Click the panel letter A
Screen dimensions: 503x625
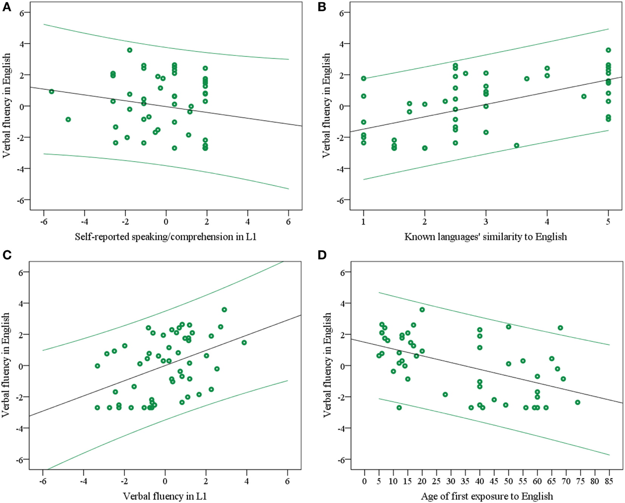click(x=6, y=7)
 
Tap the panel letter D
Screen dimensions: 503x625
click(x=322, y=255)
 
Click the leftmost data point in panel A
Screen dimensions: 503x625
click(x=51, y=92)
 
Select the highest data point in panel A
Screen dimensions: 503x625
click(x=130, y=50)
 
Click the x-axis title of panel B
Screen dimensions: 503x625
click(x=486, y=237)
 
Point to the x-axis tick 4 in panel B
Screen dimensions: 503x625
click(x=547, y=222)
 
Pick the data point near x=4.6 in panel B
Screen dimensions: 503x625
click(x=584, y=97)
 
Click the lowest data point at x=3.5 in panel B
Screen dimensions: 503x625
click(x=517, y=145)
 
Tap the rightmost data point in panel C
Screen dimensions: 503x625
click(x=244, y=343)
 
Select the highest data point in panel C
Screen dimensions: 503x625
click(x=224, y=310)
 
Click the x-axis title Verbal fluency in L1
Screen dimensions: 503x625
click(x=165, y=496)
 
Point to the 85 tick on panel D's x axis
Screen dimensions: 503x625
click(x=609, y=481)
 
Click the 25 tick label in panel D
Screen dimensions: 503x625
click(x=436, y=481)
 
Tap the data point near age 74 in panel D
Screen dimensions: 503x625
click(x=577, y=402)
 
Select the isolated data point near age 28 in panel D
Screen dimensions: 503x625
click(x=445, y=394)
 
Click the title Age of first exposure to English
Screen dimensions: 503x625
click(x=487, y=496)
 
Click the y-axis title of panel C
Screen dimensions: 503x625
click(x=6, y=365)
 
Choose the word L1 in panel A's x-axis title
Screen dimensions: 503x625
click(x=251, y=237)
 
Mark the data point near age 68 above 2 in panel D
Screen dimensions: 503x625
click(x=560, y=328)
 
